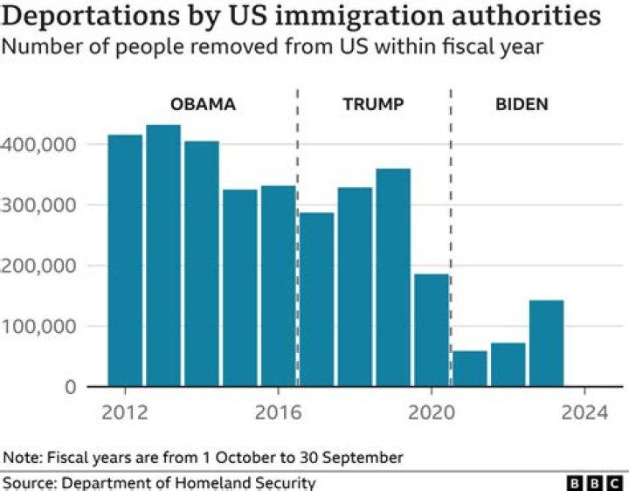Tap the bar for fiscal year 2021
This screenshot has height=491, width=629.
(x=470, y=368)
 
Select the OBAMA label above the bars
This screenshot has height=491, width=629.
(x=203, y=105)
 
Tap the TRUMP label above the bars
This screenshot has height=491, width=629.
(x=373, y=105)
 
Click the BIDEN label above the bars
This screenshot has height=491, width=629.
(x=522, y=105)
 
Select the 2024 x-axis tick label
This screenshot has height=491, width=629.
(x=584, y=411)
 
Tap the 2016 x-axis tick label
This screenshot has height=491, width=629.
(x=278, y=411)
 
